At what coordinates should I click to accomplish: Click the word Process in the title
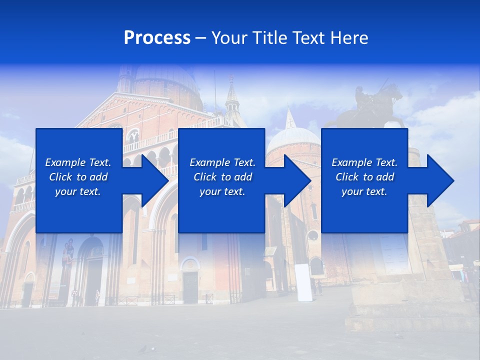157,38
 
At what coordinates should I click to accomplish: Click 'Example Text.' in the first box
78,162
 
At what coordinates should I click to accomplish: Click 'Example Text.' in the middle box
222,162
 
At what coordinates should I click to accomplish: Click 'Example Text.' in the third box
364,162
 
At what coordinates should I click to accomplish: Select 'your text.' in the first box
78,191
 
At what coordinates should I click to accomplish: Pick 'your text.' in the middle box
222,191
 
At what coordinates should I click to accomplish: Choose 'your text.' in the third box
364,191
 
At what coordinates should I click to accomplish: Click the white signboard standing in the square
303,282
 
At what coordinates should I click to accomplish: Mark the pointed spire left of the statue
231,97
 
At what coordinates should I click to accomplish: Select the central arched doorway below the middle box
190,282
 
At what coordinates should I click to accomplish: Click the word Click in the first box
60,177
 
